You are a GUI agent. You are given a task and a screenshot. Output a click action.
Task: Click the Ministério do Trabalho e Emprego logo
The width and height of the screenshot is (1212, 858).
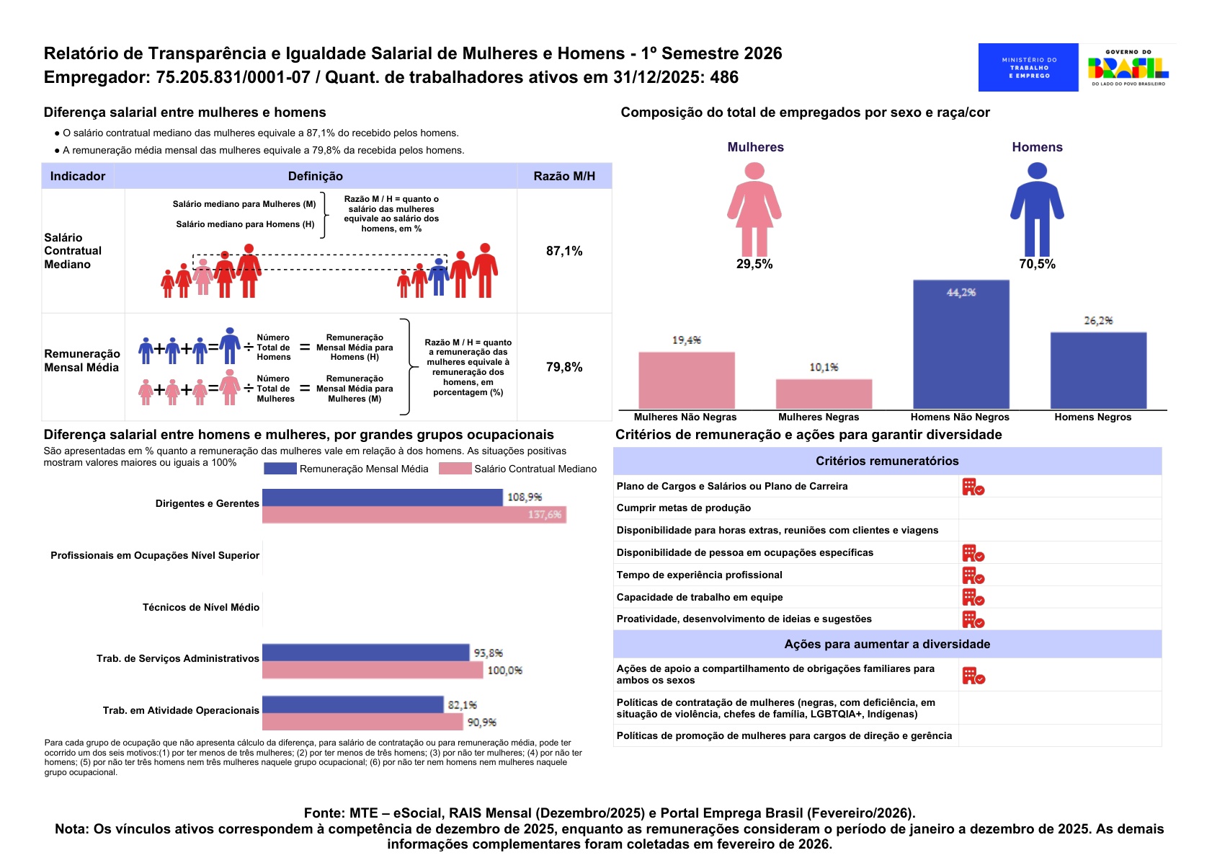[1028, 67]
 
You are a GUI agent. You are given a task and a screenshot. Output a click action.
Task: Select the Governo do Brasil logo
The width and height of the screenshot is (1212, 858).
[1128, 67]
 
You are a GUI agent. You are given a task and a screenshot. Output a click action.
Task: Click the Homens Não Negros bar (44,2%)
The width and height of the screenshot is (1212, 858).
[961, 345]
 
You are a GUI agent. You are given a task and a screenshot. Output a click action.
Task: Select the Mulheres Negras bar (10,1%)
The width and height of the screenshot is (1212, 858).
[824, 394]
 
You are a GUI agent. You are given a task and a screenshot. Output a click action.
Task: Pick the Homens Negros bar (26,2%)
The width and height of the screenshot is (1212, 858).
[1098, 371]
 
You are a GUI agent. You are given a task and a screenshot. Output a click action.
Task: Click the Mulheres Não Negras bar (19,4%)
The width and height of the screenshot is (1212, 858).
[686, 380]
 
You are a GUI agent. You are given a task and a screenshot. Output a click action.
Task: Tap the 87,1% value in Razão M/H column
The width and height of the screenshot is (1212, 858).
[564, 251]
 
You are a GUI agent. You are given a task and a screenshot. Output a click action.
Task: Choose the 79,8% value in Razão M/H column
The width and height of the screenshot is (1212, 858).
[564, 367]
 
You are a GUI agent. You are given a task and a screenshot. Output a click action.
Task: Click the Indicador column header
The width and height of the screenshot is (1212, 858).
[78, 176]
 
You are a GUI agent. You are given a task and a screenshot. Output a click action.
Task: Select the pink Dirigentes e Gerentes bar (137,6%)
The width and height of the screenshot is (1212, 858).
[414, 515]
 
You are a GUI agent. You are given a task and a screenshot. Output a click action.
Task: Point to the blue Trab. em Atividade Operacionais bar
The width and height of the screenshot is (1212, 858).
[352, 704]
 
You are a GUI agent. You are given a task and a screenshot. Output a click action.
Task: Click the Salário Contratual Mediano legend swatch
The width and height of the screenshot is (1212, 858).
[455, 469]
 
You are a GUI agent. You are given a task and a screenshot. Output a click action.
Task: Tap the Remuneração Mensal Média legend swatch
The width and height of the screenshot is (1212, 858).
[280, 469]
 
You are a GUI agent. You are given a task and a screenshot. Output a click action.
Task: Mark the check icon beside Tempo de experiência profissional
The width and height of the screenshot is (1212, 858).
[973, 575]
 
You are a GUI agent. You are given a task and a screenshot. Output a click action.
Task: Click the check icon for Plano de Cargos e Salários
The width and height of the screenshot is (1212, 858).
[973, 487]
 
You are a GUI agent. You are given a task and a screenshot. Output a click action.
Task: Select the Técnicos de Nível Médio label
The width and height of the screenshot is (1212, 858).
[200, 607]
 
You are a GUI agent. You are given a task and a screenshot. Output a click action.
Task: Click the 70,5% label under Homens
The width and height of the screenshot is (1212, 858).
[1037, 264]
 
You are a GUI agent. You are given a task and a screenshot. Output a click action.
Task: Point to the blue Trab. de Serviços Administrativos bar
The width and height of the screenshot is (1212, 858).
[365, 653]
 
